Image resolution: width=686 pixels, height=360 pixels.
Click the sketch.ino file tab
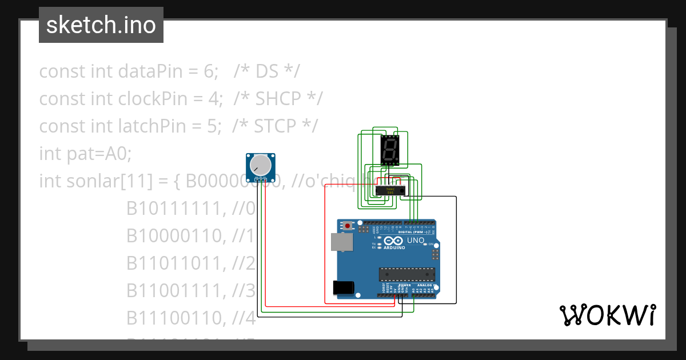101,25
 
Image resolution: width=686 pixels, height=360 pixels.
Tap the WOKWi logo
607,315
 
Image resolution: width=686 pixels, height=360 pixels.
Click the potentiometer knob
261,165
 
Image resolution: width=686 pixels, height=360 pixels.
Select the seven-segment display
389,150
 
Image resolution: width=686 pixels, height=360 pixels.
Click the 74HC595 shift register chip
391,190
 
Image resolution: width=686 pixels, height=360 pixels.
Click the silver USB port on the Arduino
342,242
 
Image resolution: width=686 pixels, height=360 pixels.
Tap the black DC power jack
343,287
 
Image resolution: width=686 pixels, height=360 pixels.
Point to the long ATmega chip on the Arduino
406,274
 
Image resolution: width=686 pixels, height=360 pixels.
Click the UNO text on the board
416,241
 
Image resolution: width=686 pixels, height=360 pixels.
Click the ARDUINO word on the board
395,248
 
